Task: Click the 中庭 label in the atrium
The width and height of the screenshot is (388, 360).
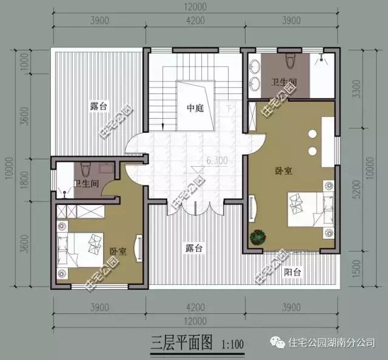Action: pyautogui.click(x=195, y=108)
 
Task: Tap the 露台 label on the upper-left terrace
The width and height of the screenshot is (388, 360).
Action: pyautogui.click(x=98, y=106)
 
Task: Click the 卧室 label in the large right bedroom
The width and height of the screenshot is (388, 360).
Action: pyautogui.click(x=283, y=171)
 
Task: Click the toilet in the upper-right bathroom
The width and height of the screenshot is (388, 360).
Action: pyautogui.click(x=290, y=61)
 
